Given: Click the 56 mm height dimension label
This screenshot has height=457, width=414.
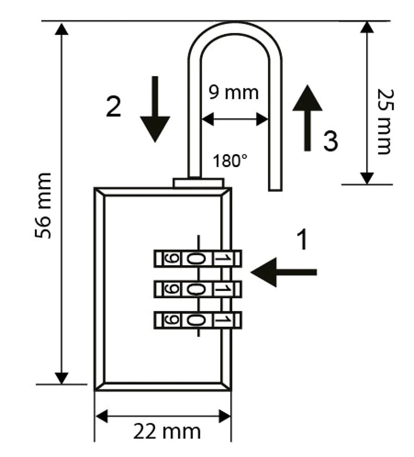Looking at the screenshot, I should click(x=43, y=205).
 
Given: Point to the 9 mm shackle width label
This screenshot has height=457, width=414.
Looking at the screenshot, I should click(x=234, y=92).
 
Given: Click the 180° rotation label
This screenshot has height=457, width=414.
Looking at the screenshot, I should click(x=230, y=161).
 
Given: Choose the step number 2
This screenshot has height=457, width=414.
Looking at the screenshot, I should click(x=113, y=107).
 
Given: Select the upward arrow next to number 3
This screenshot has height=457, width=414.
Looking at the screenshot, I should click(x=307, y=117).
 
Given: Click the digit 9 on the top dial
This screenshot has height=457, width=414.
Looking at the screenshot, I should click(x=168, y=259).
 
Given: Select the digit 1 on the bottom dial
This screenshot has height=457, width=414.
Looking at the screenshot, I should click(x=221, y=319).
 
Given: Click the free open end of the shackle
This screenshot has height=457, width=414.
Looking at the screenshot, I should click(x=275, y=186).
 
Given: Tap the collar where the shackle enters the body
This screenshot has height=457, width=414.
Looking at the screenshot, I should click(x=198, y=183).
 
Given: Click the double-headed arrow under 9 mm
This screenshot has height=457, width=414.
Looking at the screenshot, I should click(x=234, y=120).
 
